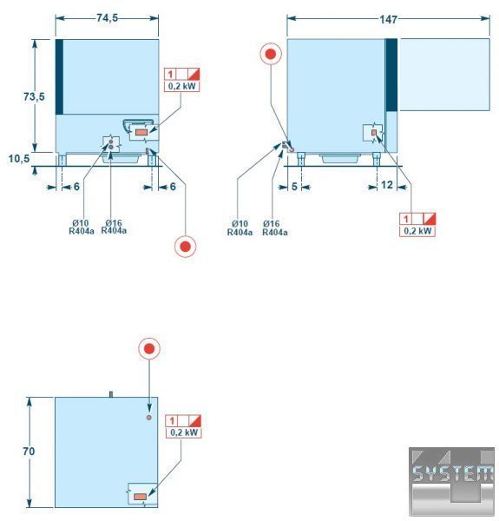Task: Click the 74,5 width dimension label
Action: pyautogui.click(x=107, y=18)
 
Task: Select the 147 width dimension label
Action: pyautogui.click(x=388, y=19)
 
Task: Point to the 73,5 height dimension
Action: pyautogui.click(x=34, y=96)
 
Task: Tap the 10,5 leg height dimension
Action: pyautogui.click(x=19, y=159)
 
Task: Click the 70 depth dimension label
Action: pyautogui.click(x=29, y=452)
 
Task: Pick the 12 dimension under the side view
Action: pyautogui.click(x=387, y=185)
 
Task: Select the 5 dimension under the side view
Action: pyautogui.click(x=294, y=187)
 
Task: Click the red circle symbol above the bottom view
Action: pyautogui.click(x=149, y=348)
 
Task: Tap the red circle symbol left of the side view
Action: pyautogui.click(x=271, y=54)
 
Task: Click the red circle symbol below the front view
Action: pyautogui.click(x=185, y=247)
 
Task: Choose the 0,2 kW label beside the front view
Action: pyautogui.click(x=182, y=86)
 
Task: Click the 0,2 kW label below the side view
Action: pyautogui.click(x=417, y=231)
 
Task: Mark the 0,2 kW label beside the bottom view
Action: pyautogui.click(x=184, y=432)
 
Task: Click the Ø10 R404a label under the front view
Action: pyautogui.click(x=82, y=227)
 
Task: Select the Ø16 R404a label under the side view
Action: pyautogui.click(x=274, y=228)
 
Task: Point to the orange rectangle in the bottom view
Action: pyautogui.click(x=140, y=497)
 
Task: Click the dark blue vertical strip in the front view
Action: pyautogui.click(x=59, y=76)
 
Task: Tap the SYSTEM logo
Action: pyautogui.click(x=451, y=481)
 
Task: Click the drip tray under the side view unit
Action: pyautogui.click(x=339, y=158)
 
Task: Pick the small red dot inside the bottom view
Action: pyautogui.click(x=149, y=418)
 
